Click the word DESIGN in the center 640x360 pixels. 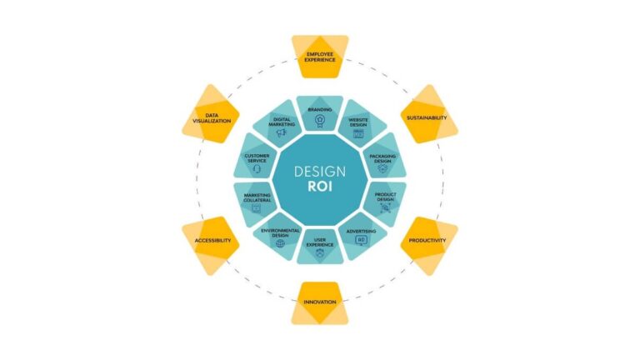(320, 172)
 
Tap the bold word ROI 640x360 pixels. (320, 187)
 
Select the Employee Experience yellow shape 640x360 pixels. (320, 57)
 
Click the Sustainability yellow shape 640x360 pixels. (429, 114)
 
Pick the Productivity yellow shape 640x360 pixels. (429, 245)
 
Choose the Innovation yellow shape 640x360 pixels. (320, 302)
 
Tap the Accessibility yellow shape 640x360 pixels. (211, 245)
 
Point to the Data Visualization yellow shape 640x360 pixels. (211, 114)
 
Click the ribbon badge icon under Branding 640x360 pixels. (320, 121)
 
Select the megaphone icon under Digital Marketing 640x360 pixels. (282, 132)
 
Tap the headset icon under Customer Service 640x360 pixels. (257, 168)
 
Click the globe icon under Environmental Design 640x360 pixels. (280, 243)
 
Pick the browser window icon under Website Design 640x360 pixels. (358, 133)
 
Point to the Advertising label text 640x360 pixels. (361, 232)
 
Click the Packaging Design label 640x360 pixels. (382, 158)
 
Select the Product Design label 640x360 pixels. (385, 197)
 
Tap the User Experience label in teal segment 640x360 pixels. (320, 242)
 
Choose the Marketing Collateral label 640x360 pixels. (257, 197)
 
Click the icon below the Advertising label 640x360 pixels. (361, 240)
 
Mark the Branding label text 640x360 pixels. (320, 109)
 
